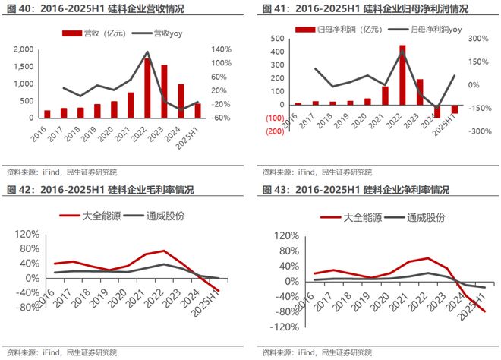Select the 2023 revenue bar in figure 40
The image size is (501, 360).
(163, 92)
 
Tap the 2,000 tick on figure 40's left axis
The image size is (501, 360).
(22, 49)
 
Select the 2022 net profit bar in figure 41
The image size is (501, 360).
(402, 74)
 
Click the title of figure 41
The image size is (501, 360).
(354, 9)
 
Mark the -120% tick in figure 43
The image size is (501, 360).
(279, 327)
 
